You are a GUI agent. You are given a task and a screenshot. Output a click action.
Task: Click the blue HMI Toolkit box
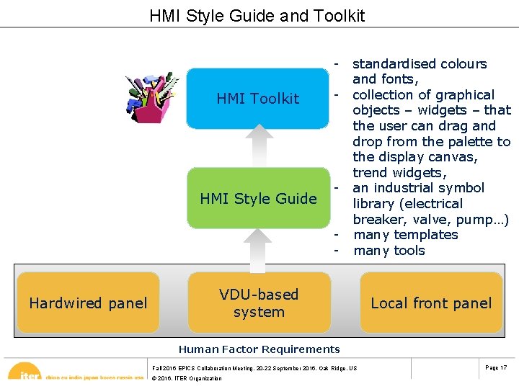point(258,99)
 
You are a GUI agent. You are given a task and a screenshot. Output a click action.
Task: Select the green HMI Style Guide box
point(258,198)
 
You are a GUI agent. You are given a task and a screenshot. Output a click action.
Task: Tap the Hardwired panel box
point(88,303)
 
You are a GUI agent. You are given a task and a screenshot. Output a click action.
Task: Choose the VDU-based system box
point(258,303)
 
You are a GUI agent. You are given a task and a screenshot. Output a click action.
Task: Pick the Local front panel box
point(431,303)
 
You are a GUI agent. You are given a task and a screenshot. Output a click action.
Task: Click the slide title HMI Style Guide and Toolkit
point(257,16)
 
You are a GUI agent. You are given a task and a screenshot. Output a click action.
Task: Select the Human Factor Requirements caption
point(259,349)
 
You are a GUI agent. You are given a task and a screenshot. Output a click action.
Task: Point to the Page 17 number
point(496,368)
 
